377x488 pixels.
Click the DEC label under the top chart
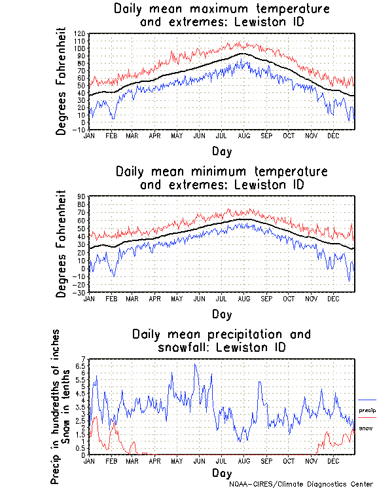point(333,136)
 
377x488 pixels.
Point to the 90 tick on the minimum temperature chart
point(82,197)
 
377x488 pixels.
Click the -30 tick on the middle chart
point(79,292)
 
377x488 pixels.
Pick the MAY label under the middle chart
point(177,299)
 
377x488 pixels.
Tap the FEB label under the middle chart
point(110,299)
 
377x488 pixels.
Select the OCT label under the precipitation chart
point(289,461)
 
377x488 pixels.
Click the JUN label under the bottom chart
point(199,461)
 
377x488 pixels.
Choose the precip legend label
point(367,410)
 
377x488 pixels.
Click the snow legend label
point(366,428)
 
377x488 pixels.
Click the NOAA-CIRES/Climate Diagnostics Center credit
point(302,484)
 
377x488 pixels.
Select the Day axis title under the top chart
point(221,150)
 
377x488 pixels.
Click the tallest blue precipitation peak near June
point(194,365)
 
